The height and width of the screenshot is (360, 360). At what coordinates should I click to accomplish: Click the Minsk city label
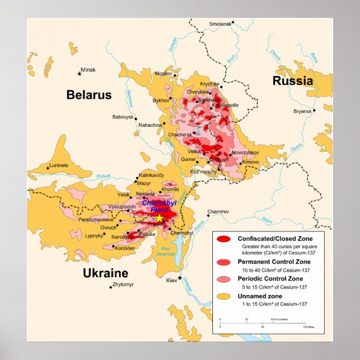[89, 70]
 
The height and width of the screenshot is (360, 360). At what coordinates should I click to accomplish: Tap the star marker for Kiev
[180, 278]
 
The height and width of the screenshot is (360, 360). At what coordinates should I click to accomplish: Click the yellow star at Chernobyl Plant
[159, 218]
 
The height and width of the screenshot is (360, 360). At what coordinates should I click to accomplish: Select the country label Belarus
[89, 95]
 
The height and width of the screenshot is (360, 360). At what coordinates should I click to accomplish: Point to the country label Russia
[292, 81]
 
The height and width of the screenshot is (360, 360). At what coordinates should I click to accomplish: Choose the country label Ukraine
[106, 273]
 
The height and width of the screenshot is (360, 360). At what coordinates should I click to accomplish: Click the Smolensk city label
[220, 24]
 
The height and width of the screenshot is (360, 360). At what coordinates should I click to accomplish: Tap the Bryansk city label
[302, 111]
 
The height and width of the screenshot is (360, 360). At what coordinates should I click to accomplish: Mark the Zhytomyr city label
[123, 285]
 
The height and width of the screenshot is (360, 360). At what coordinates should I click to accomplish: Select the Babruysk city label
[123, 117]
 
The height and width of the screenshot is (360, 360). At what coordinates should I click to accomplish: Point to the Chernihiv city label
[218, 211]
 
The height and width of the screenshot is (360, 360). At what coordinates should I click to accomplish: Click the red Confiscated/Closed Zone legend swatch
[224, 239]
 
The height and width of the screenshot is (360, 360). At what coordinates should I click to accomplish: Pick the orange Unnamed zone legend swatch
[224, 296]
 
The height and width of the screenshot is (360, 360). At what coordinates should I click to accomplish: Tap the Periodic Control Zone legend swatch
[224, 279]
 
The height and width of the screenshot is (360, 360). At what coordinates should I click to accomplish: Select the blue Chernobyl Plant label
[155, 206]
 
